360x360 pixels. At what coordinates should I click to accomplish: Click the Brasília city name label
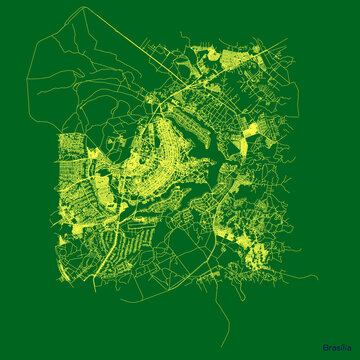337,347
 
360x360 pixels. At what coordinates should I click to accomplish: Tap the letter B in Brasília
326,347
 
